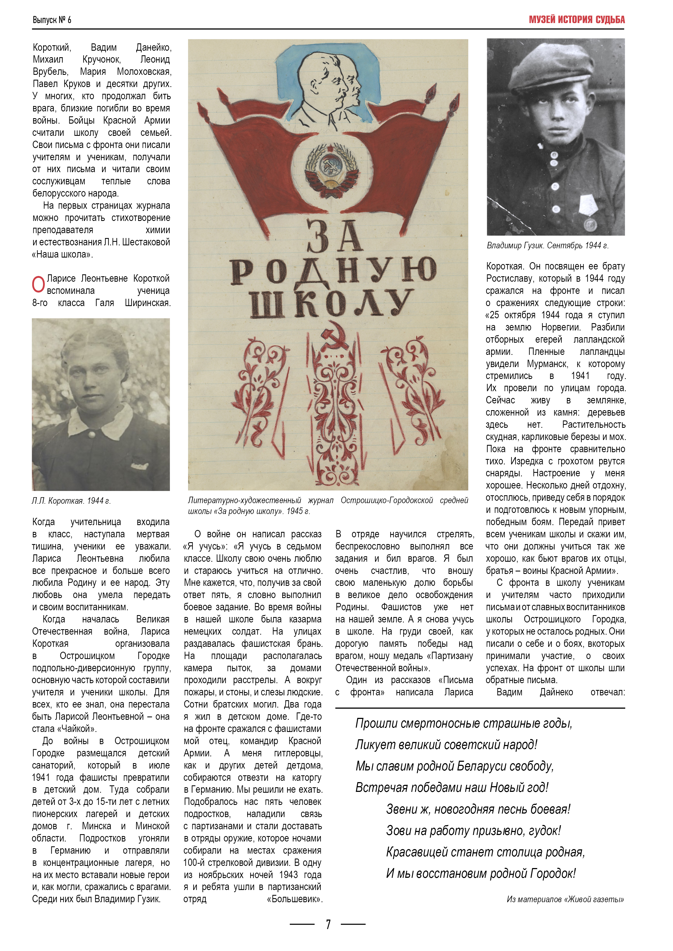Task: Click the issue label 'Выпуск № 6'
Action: [x=52, y=20]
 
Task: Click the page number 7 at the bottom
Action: [x=328, y=924]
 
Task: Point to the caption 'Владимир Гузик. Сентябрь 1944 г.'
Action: [x=547, y=246]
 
